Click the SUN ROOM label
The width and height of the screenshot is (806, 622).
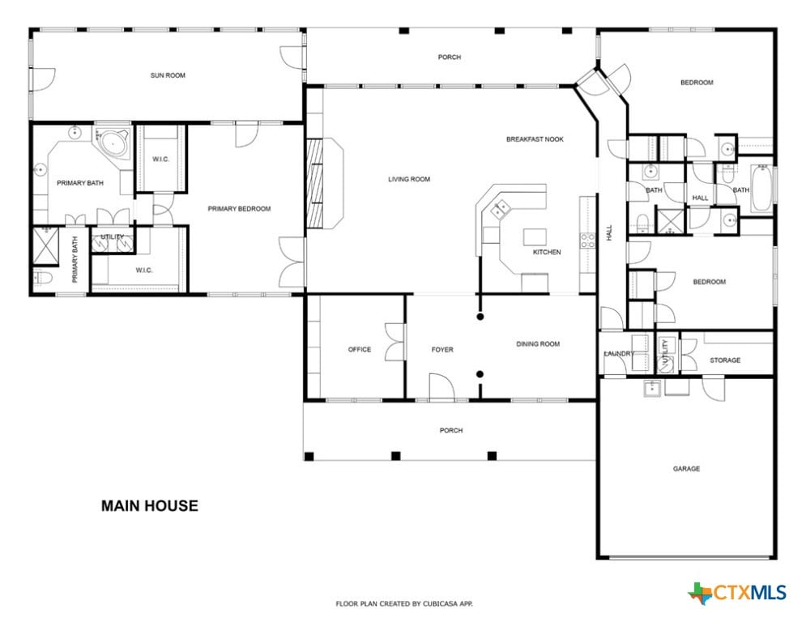point(168,75)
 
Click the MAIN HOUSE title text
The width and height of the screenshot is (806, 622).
point(149,506)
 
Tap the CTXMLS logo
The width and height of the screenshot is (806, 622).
point(737,593)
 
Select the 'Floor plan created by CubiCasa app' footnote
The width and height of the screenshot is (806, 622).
point(404,604)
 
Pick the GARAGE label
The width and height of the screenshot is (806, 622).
point(686,469)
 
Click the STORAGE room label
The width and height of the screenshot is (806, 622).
point(725,360)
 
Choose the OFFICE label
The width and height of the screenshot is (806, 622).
point(360,350)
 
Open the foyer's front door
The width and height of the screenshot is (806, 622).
point(441,386)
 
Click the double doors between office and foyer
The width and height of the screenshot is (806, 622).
point(395,343)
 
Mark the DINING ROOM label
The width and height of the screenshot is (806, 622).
point(538,344)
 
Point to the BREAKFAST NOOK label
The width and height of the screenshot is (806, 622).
point(535,139)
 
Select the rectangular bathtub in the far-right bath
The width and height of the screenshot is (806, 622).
point(761,188)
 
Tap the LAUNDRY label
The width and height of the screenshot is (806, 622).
point(618,354)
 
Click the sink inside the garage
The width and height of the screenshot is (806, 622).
point(653,389)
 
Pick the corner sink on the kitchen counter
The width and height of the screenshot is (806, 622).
point(499,209)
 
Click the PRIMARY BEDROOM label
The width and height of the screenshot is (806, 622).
point(239,209)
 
